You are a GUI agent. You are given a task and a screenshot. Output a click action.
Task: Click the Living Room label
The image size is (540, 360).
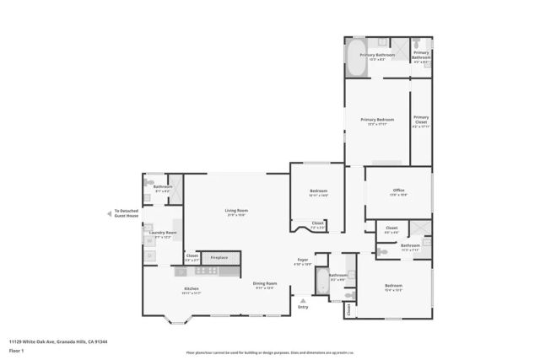235,210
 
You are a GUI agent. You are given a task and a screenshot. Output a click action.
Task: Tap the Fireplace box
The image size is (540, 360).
219,257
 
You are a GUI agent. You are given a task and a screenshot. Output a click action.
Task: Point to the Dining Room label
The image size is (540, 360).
265,284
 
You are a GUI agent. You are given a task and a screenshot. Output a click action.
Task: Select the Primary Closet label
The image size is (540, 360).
421,121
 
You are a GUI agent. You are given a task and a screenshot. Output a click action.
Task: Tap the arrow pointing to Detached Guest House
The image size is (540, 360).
109,214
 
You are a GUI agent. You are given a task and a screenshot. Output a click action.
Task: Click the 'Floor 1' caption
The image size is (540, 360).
15,350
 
